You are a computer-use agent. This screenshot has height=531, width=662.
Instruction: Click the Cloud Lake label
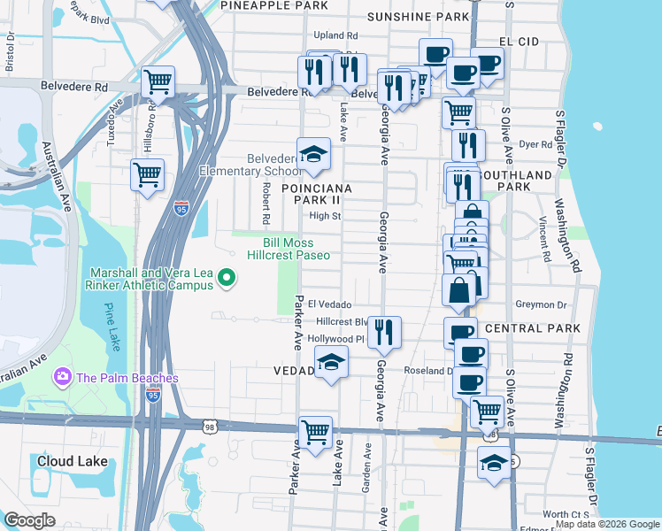[x=72, y=461]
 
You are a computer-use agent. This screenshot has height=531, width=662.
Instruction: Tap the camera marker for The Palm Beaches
[x=63, y=377]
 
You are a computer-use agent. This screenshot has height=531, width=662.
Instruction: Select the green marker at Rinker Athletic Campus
[x=227, y=280]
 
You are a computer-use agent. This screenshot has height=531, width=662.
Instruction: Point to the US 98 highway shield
[x=210, y=427]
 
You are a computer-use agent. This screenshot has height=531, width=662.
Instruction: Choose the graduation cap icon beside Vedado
[x=331, y=362]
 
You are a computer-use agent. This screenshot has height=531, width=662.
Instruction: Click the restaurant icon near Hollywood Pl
[x=384, y=332]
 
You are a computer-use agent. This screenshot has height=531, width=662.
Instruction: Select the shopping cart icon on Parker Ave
[x=315, y=432]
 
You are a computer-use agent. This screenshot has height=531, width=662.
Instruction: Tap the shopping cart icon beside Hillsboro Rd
[x=147, y=173]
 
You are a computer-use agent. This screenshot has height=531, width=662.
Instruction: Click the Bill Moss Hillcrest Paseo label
[x=296, y=249]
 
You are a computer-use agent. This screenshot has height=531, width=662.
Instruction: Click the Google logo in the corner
[x=29, y=520]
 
